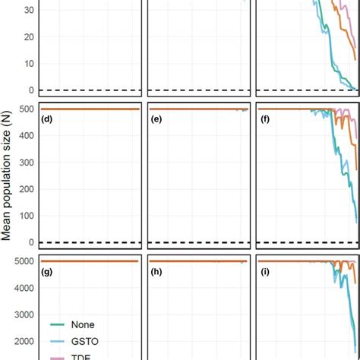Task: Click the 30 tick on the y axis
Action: point(30,11)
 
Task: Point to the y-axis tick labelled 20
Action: point(30,37)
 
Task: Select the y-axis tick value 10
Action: point(30,64)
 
